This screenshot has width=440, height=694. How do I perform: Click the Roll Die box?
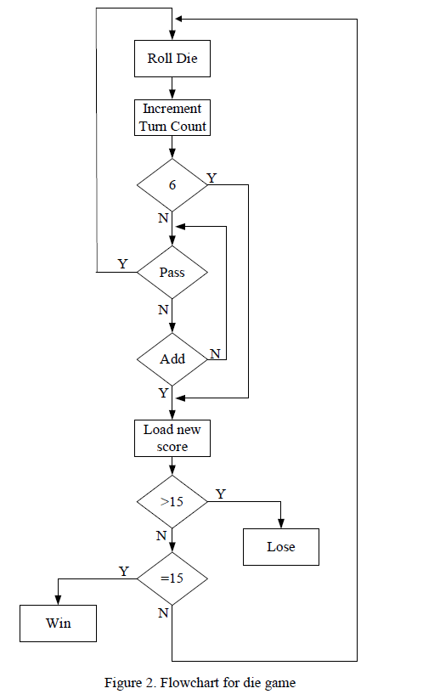[x=172, y=59]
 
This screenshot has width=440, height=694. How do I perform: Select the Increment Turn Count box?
[x=172, y=117]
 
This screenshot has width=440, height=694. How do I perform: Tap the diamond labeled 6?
[x=172, y=183]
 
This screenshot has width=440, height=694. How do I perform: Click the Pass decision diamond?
[x=172, y=273]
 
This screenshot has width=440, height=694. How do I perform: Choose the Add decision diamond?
[x=172, y=358]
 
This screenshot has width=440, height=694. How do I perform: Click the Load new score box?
[x=172, y=438]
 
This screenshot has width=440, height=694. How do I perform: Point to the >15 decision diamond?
[x=172, y=501]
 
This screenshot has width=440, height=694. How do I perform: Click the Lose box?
[x=281, y=546]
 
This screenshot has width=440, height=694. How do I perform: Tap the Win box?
[x=58, y=623]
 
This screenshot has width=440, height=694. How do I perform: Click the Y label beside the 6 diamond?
[x=212, y=178]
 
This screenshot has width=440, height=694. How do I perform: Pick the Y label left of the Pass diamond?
[x=122, y=264]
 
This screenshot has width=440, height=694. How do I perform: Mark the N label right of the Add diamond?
[x=215, y=353]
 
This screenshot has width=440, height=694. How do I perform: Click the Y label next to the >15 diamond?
[x=221, y=494]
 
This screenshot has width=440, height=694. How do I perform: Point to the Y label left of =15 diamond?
[x=123, y=571]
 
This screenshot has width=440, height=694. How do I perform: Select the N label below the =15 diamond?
[x=163, y=613]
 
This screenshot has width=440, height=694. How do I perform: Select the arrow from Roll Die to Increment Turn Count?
[x=172, y=87]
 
